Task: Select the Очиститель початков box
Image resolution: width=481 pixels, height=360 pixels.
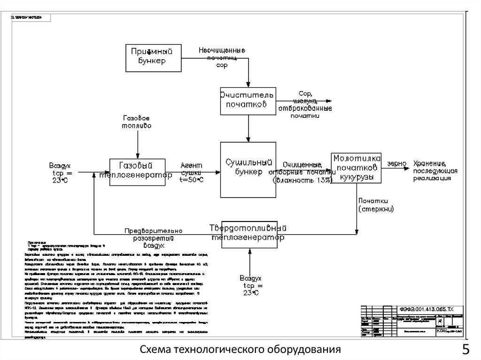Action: pyautogui.click(x=248, y=100)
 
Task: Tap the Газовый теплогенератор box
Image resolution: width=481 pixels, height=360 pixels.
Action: pyautogui.click(x=138, y=172)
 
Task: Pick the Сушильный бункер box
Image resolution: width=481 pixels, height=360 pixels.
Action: pyautogui.click(x=248, y=169)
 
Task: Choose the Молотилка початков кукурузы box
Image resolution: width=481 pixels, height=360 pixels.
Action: pyautogui.click(x=356, y=168)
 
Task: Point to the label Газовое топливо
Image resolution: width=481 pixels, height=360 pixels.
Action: pyautogui.click(x=137, y=123)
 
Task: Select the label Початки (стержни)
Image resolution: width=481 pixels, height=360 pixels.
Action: pyautogui.click(x=376, y=205)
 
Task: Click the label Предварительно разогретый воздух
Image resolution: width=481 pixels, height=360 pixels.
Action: pyautogui.click(x=153, y=238)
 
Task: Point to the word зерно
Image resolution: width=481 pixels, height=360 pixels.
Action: pyautogui.click(x=396, y=164)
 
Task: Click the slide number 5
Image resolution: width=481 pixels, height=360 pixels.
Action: pyautogui.click(x=465, y=350)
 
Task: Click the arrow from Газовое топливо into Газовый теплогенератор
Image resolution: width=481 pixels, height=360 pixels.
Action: pyautogui.click(x=137, y=144)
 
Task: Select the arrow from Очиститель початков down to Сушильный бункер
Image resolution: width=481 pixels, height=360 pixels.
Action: pyautogui.click(x=248, y=128)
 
